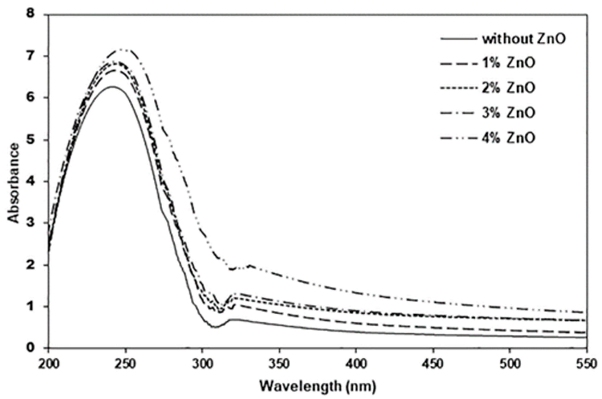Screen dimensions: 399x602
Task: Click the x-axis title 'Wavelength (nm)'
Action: click(x=318, y=386)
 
